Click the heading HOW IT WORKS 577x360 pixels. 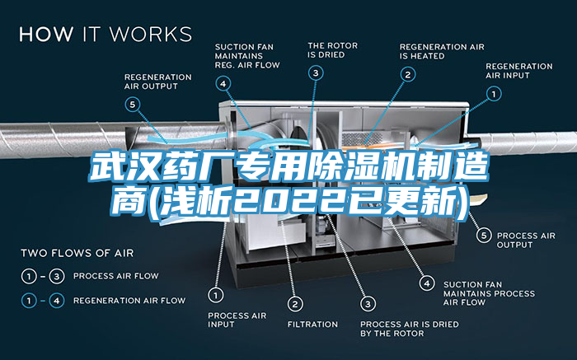[x=106, y=35]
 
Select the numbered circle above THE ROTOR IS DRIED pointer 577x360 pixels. [x=316, y=73]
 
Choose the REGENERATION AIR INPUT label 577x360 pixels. [x=518, y=71]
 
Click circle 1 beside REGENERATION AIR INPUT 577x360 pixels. [x=494, y=95]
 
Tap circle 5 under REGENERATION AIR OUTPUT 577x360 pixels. [x=133, y=104]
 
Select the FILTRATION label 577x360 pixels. [x=312, y=324]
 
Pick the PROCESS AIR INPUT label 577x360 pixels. [x=237, y=320]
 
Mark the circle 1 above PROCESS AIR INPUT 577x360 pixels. [x=215, y=294]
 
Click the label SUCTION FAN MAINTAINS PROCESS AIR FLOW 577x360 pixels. [x=489, y=293]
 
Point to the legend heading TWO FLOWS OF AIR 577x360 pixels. [x=77, y=252]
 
